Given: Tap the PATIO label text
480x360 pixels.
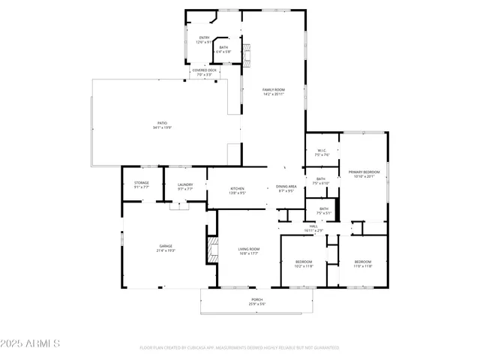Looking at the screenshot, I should (x=163, y=125).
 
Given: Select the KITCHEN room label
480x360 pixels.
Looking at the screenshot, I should (x=238, y=190).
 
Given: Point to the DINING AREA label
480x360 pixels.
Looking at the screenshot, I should (x=286, y=188).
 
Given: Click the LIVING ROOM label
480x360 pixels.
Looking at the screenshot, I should (x=248, y=251).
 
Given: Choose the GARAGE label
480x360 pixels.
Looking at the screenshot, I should (x=165, y=248).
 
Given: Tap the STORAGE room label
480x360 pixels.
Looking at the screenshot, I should (x=142, y=185).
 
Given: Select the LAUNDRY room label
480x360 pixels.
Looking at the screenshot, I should (x=185, y=187).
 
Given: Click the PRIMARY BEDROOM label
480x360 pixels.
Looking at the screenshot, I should (x=364, y=175).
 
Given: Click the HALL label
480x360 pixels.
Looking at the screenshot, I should (x=314, y=228).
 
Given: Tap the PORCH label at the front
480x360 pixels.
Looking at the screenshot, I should (x=256, y=301).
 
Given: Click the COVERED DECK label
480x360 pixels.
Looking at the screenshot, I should (x=204, y=73).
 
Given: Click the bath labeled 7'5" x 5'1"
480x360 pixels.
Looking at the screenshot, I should (x=323, y=211).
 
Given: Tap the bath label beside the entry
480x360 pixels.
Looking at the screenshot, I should (x=223, y=49).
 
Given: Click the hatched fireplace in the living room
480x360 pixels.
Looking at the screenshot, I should (x=211, y=250).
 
